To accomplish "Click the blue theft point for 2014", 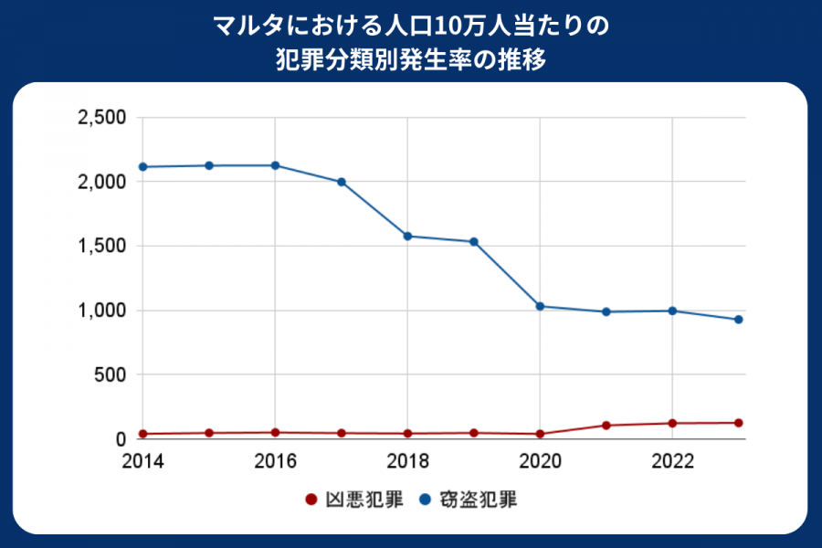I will (143, 167).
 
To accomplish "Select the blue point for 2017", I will (342, 182).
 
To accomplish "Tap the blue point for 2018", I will (407, 236).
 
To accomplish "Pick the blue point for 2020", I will (540, 306).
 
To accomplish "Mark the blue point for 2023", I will (738, 320).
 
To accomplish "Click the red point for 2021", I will (606, 426).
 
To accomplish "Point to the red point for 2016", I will (275, 432).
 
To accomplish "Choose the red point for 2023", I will (738, 423).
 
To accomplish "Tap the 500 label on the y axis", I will (111, 374).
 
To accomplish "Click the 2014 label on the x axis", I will (143, 459).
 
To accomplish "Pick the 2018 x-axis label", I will (407, 459).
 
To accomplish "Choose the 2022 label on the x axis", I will (672, 459).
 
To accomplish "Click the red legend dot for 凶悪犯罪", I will (311, 500).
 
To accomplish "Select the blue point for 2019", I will (474, 241).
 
